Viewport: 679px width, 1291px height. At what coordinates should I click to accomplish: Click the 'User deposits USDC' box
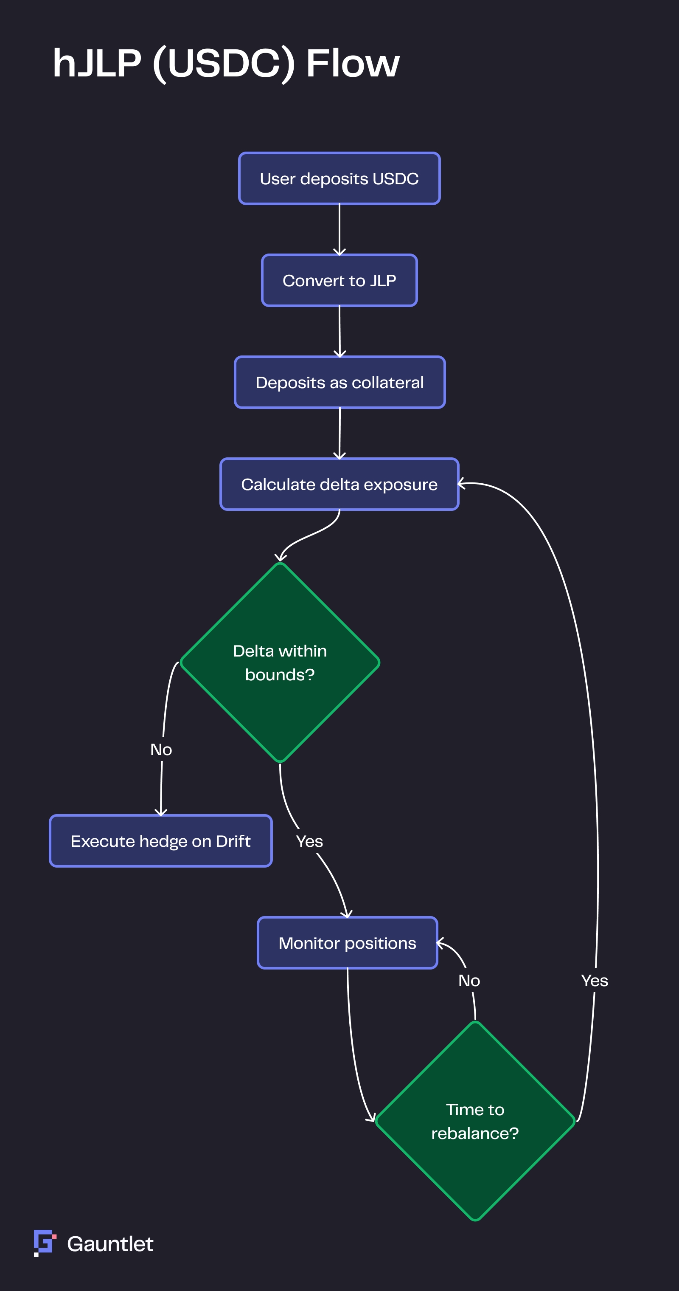tap(339, 178)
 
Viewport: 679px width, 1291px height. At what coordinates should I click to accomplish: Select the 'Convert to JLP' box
tap(339, 281)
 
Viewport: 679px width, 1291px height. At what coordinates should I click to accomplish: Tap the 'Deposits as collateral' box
tap(339, 382)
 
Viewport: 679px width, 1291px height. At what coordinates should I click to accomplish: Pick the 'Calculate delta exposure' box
tap(339, 484)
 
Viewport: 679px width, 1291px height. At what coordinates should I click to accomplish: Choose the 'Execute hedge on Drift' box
tap(160, 841)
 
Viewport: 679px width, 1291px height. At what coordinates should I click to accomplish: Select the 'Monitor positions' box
tap(347, 943)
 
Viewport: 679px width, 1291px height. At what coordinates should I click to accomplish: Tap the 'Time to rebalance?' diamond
tap(475, 1121)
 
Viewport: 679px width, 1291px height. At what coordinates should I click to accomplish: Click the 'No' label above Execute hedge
tap(161, 749)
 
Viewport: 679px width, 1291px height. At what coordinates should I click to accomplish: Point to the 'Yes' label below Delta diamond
tap(309, 841)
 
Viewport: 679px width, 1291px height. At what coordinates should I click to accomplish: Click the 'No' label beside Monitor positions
tap(469, 980)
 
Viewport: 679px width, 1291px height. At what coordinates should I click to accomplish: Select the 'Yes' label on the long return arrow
tap(595, 980)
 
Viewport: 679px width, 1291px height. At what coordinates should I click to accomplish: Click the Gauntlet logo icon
tap(44, 1243)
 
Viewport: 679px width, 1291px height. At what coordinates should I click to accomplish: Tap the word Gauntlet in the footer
tap(110, 1244)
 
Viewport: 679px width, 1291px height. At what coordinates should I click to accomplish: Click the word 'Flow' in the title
tap(353, 64)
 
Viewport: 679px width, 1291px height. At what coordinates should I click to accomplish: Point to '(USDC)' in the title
tap(224, 64)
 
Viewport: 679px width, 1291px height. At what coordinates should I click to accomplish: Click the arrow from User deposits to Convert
tap(339, 229)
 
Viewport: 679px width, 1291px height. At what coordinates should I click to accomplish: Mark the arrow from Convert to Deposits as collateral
tap(339, 331)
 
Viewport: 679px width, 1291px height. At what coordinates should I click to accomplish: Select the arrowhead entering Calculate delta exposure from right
tap(462, 484)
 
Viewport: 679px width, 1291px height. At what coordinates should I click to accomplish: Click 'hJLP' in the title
tap(97, 64)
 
